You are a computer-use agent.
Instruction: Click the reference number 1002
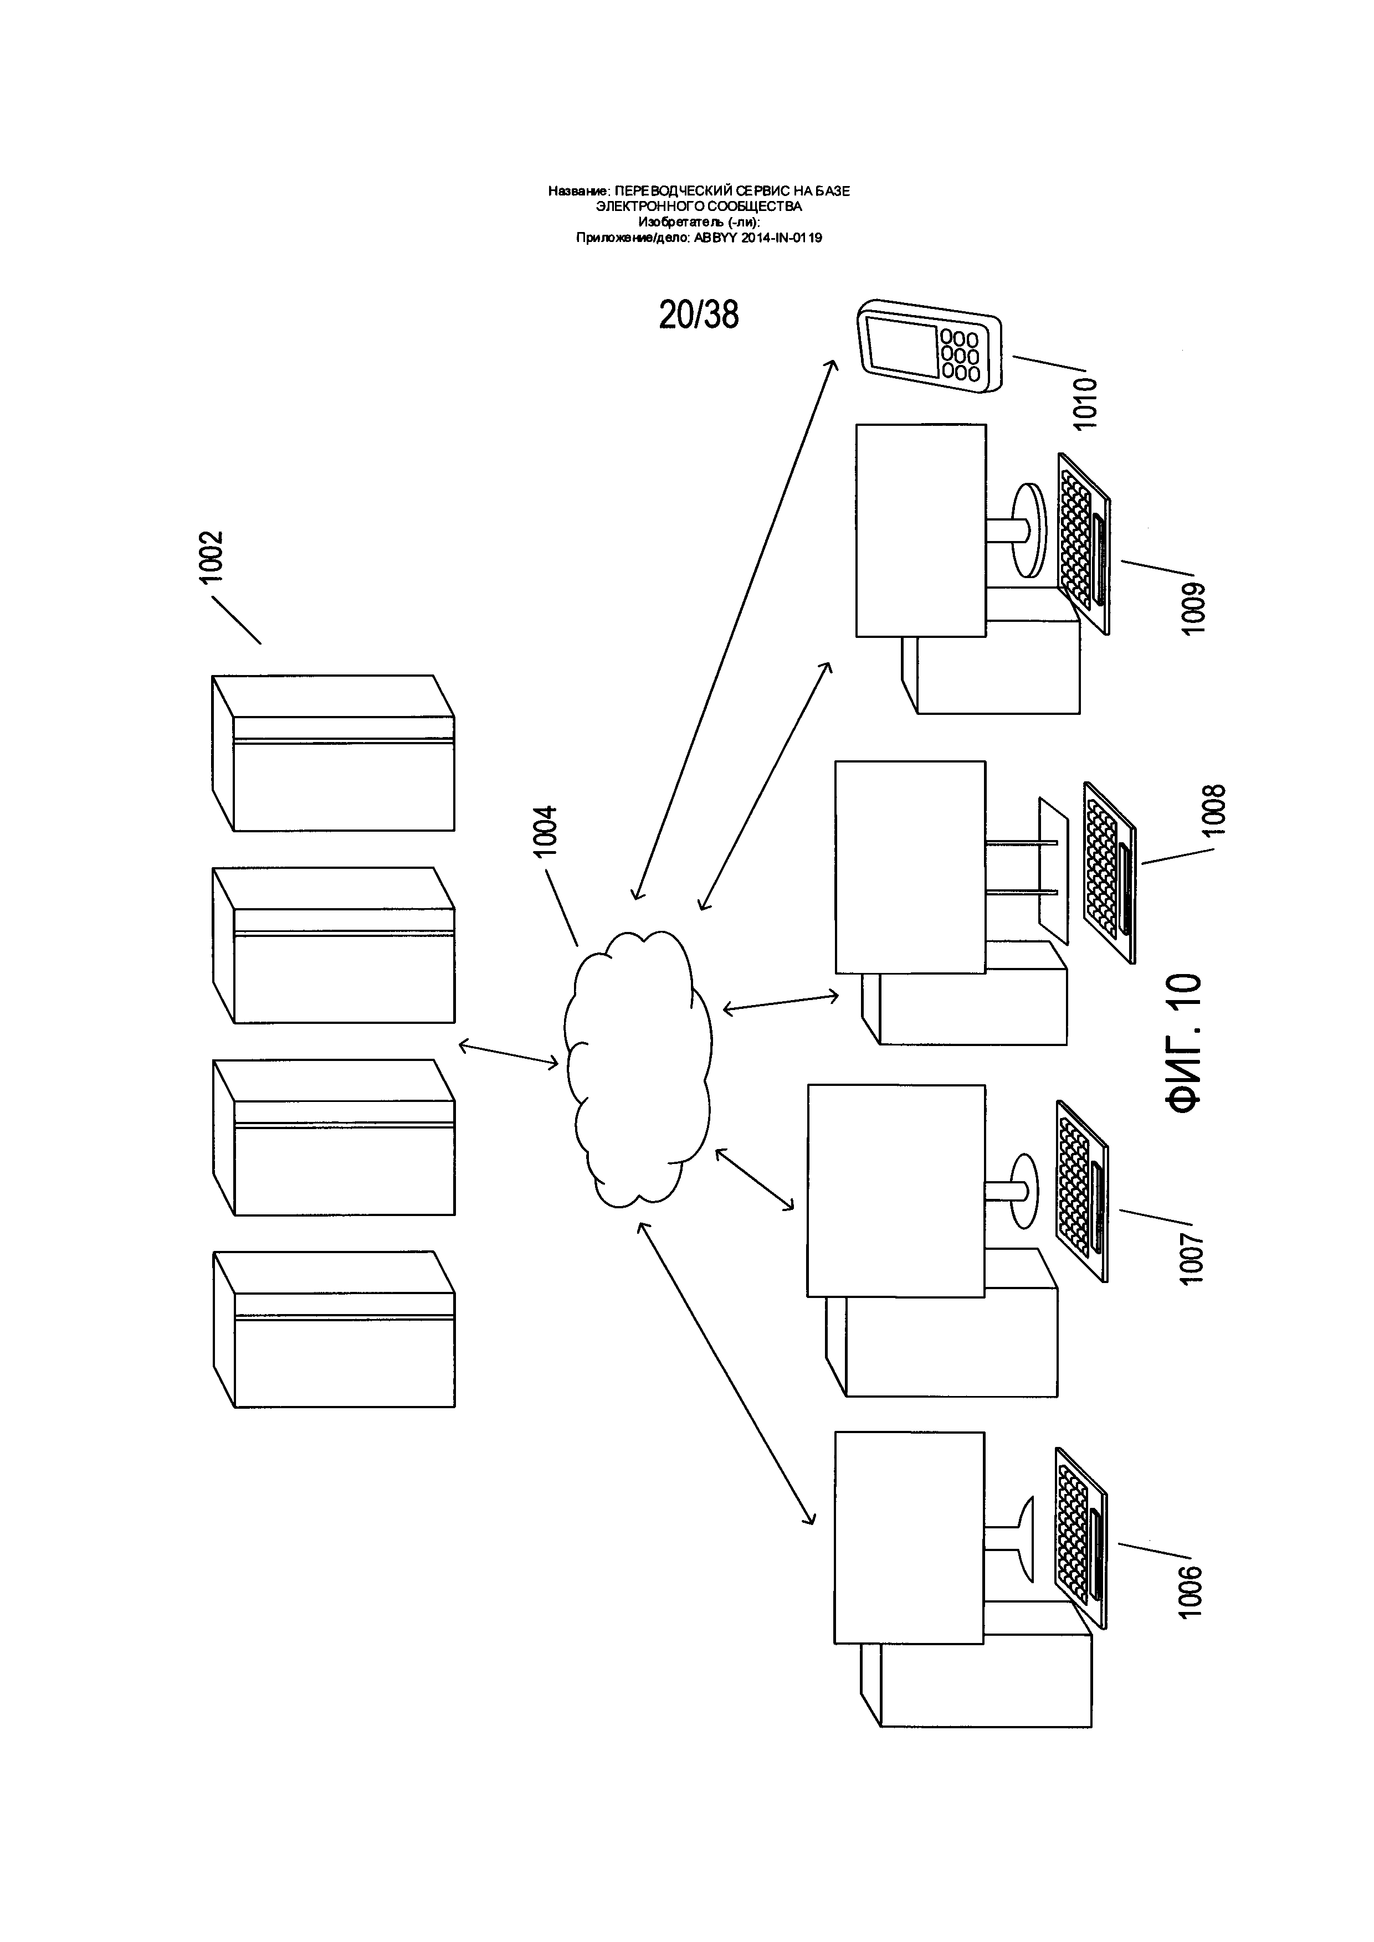click(x=210, y=557)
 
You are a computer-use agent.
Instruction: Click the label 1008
click(x=1216, y=810)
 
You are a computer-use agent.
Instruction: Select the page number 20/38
click(x=699, y=315)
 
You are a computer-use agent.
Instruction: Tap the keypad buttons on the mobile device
click(x=960, y=353)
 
